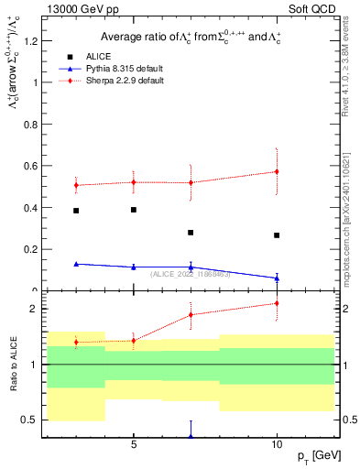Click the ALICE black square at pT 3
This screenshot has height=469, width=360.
(76, 211)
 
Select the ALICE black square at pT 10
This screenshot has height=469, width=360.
(277, 235)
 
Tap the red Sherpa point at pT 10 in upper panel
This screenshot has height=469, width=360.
(277, 171)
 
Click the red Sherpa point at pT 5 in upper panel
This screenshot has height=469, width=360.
(134, 181)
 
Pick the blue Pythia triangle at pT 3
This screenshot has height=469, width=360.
(76, 264)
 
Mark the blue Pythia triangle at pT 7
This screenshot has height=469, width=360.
(191, 267)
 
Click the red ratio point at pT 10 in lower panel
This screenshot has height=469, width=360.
(277, 303)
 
